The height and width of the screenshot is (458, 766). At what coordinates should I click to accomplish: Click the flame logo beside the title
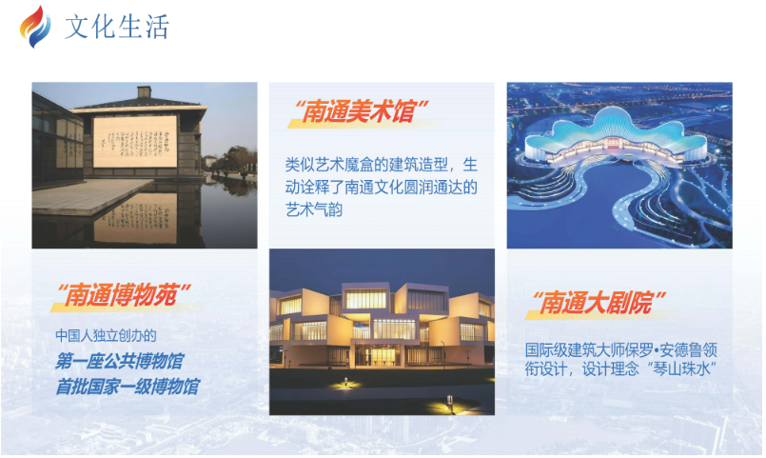click(35, 27)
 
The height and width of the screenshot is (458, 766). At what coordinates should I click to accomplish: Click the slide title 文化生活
click(117, 27)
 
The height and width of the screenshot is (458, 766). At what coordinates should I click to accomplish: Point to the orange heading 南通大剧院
click(597, 303)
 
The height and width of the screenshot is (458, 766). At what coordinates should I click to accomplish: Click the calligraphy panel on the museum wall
click(135, 141)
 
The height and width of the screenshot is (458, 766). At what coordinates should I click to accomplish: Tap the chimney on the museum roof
click(144, 91)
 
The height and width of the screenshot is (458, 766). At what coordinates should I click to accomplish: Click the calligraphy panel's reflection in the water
click(135, 218)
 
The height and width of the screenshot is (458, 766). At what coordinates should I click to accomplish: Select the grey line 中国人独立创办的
click(106, 336)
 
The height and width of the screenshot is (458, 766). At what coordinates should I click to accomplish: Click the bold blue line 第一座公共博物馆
click(119, 362)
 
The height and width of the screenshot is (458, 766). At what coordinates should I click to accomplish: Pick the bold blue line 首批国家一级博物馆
click(128, 387)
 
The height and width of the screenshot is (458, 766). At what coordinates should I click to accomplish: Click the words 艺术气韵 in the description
click(314, 209)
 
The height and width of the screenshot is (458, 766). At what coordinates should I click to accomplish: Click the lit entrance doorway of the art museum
click(376, 356)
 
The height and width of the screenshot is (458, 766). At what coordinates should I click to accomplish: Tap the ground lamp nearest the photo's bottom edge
click(449, 402)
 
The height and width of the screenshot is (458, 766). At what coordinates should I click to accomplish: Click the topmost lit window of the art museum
click(365, 299)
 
